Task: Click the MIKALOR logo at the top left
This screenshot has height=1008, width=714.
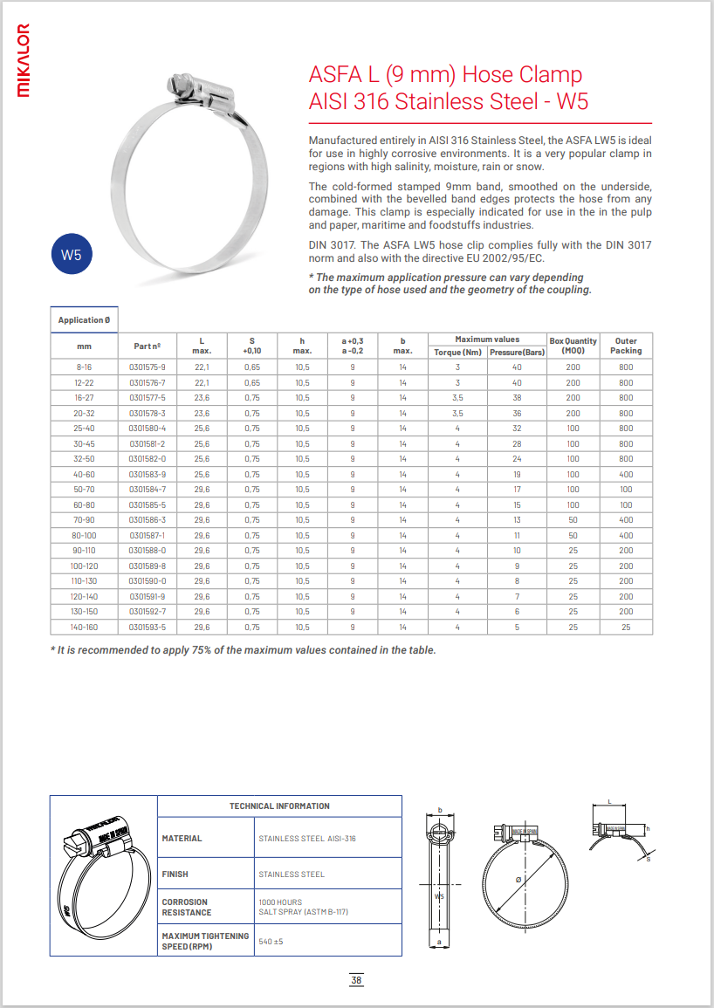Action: pyautogui.click(x=24, y=60)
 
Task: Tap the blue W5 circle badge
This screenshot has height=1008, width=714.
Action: pyautogui.click(x=72, y=255)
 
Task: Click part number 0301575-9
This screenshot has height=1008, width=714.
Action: pyautogui.click(x=147, y=367)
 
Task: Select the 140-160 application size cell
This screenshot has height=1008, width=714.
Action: pyautogui.click(x=85, y=627)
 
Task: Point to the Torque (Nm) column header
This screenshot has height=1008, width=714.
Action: pyautogui.click(x=458, y=352)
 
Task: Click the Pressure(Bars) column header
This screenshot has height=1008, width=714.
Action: pyautogui.click(x=517, y=352)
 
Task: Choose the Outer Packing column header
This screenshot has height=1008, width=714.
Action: pyautogui.click(x=626, y=346)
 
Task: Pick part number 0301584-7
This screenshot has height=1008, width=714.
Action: pyautogui.click(x=147, y=490)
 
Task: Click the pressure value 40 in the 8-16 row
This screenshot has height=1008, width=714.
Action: pyautogui.click(x=517, y=367)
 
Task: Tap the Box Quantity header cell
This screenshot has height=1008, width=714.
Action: pyautogui.click(x=573, y=346)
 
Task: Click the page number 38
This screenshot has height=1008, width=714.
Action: pyautogui.click(x=356, y=980)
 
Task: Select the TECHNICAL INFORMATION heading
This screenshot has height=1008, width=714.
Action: pyautogui.click(x=279, y=806)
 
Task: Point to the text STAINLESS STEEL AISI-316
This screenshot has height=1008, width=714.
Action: pyautogui.click(x=307, y=839)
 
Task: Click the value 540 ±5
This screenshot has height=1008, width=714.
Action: pyautogui.click(x=271, y=942)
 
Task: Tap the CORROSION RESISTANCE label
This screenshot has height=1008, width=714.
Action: pyautogui.click(x=187, y=908)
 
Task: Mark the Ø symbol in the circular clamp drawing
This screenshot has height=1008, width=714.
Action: pyautogui.click(x=518, y=879)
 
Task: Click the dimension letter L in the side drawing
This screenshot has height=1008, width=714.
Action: pyautogui.click(x=609, y=800)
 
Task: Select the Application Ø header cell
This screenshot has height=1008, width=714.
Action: pyautogui.click(x=84, y=320)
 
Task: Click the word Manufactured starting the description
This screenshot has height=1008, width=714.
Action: pyautogui.click(x=339, y=141)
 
